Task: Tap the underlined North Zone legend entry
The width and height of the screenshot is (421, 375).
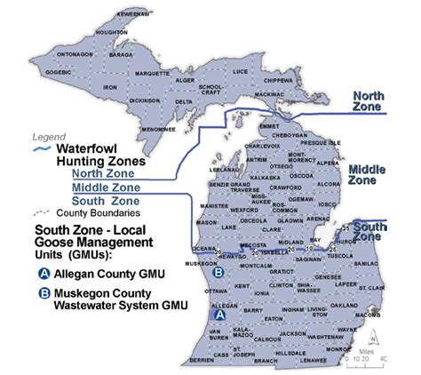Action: (x=103, y=174)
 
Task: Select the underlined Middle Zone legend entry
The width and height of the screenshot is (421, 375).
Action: (x=106, y=188)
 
